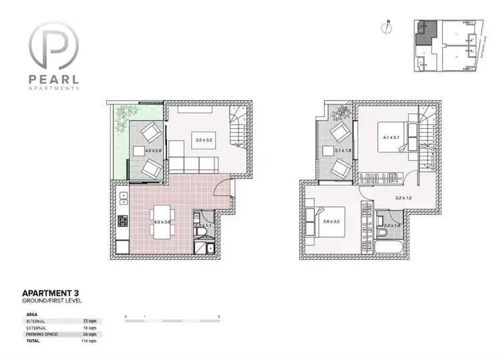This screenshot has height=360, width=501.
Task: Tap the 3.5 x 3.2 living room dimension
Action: tap(203, 140)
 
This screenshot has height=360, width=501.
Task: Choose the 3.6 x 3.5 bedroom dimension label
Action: tap(331, 220)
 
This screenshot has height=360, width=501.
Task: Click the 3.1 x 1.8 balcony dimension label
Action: tap(344, 151)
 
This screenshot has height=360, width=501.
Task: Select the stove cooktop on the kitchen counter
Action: tap(122, 220)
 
